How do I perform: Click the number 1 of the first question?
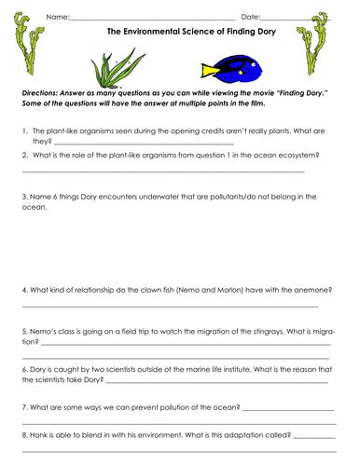click(x=23, y=132)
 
